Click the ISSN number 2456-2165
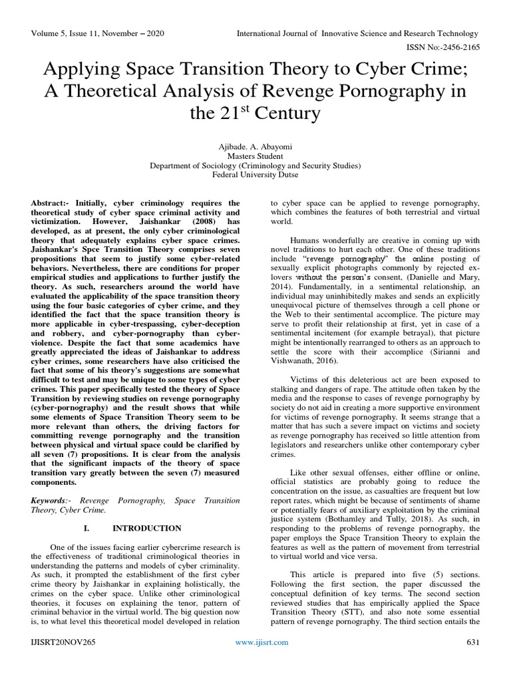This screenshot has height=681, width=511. [455, 48]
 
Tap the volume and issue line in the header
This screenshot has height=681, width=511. [97, 33]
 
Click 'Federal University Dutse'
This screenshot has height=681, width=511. [255, 176]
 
